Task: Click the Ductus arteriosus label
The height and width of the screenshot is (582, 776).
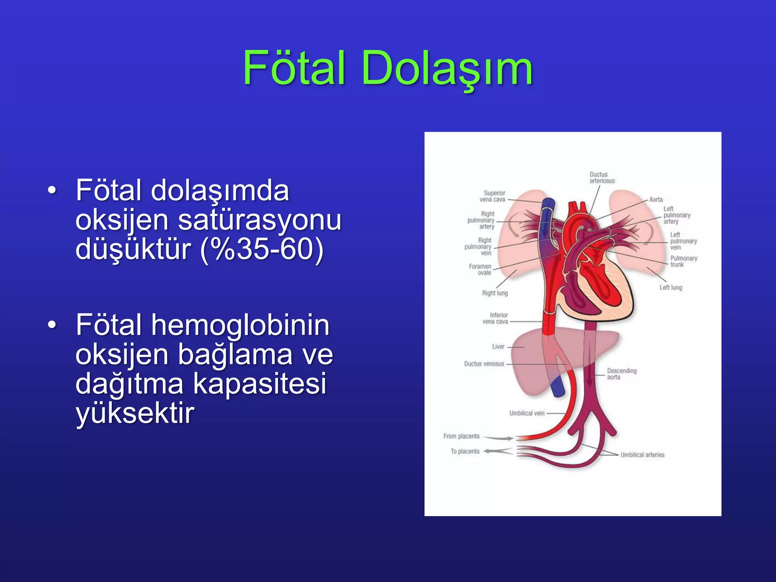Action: tap(602, 178)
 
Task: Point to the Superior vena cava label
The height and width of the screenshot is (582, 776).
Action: tap(493, 196)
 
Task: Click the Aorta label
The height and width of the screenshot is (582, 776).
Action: tap(656, 200)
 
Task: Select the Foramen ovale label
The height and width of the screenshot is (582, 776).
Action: tap(480, 269)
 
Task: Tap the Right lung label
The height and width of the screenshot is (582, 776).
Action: tap(495, 293)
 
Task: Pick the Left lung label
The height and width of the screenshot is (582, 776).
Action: tap(671, 288)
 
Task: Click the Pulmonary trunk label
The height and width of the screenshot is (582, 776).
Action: tap(684, 261)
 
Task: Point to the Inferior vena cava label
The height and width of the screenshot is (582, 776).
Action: tap(495, 318)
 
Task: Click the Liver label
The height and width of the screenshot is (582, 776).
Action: tap(498, 347)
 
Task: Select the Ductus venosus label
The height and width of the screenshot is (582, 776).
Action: tap(484, 364)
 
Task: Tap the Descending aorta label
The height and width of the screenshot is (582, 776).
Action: tap(621, 374)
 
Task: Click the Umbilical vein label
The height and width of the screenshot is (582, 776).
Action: tap(527, 413)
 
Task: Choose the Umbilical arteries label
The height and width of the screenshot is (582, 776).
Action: tap(642, 455)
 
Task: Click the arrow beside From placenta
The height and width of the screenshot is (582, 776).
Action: tap(498, 438)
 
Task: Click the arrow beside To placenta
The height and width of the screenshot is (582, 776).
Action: tap(498, 451)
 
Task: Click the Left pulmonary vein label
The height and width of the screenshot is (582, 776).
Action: tap(683, 241)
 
